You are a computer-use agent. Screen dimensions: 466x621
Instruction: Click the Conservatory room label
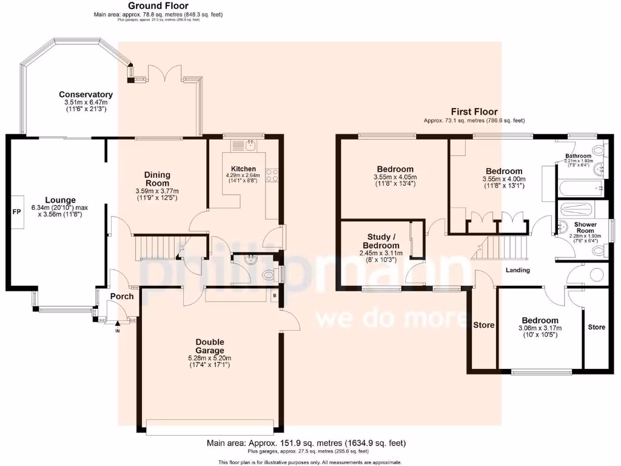86,95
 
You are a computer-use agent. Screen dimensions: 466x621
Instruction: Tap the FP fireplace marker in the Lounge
16,212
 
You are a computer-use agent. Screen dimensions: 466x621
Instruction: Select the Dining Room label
157,179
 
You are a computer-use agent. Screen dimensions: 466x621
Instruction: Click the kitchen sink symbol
250,144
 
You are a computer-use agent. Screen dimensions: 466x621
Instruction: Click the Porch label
121,296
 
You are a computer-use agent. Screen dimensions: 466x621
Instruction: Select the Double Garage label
210,346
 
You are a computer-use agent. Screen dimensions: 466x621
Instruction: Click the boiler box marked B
275,296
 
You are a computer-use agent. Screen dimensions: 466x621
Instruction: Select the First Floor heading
474,112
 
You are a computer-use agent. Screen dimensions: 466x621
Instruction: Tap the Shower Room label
585,227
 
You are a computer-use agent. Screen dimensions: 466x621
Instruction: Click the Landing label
517,270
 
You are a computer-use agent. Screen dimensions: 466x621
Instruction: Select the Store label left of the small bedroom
483,325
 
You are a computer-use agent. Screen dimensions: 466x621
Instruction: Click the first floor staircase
505,248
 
